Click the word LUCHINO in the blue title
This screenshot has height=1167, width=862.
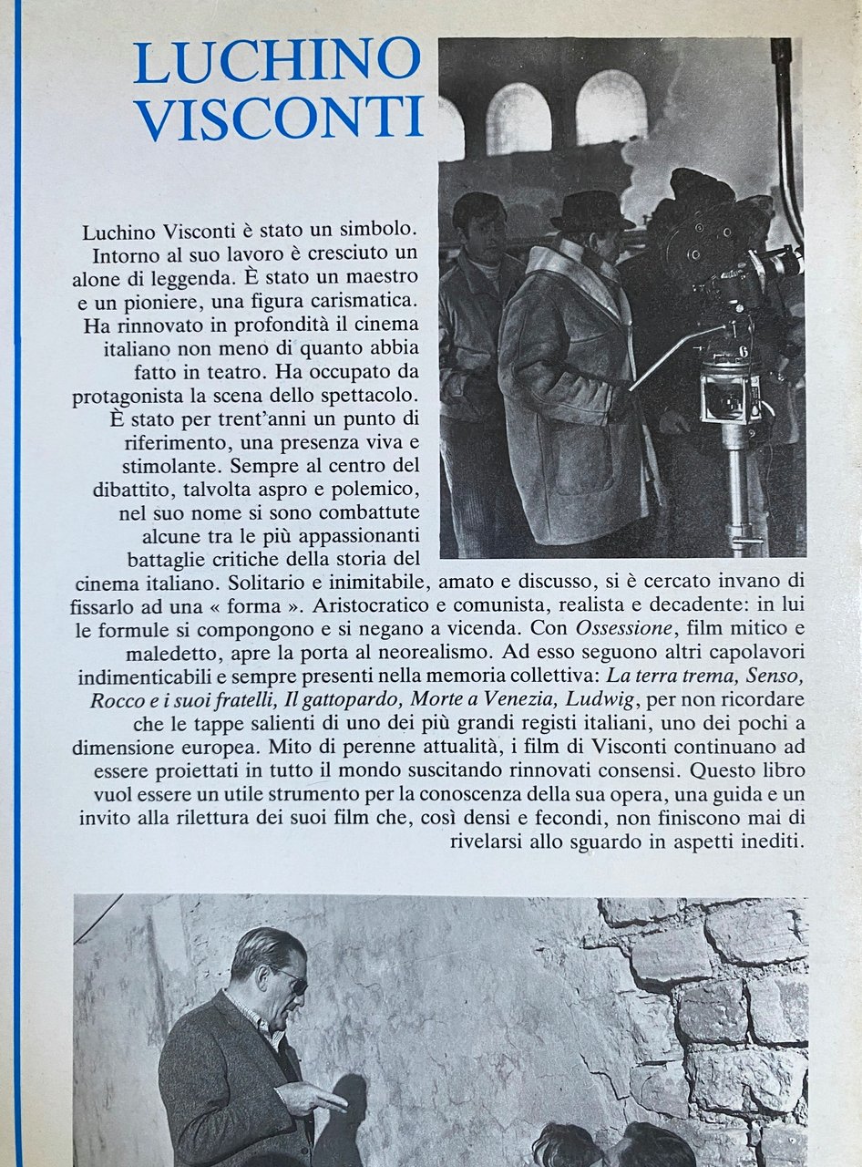(x=277, y=61)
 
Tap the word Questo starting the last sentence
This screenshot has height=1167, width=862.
(x=690, y=769)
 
